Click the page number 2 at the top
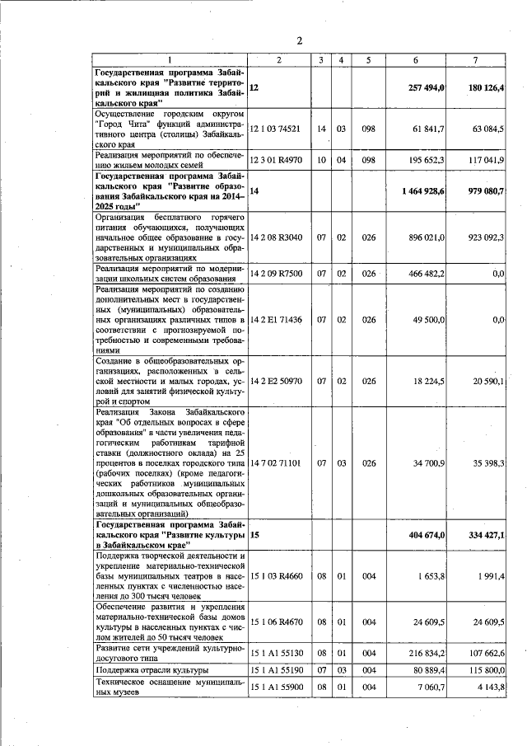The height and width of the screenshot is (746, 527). point(300,40)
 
